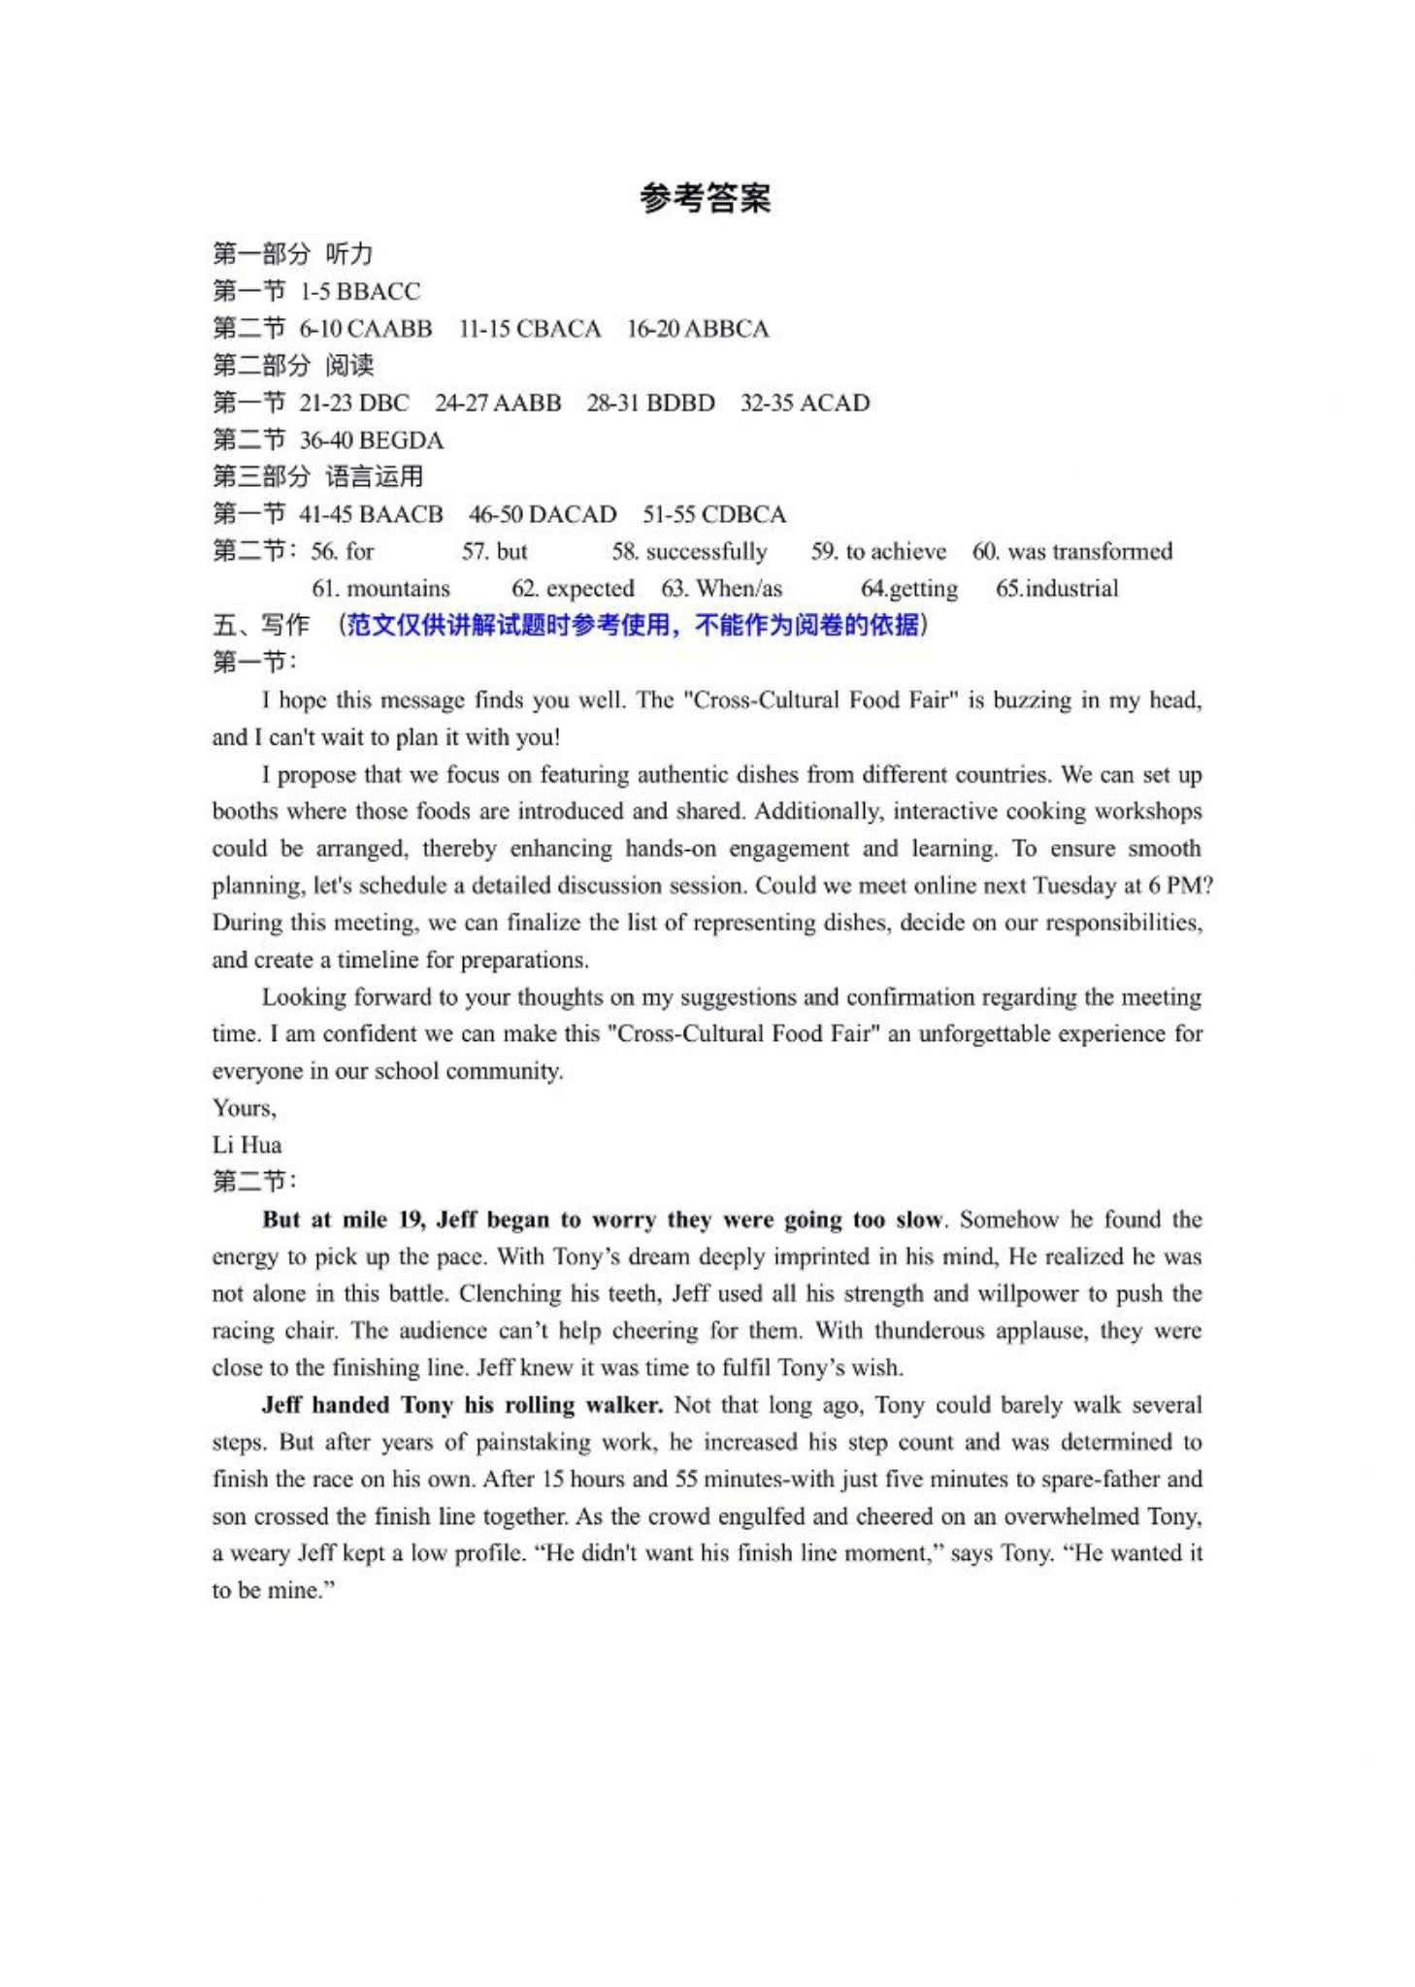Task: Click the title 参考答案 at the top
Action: [706, 198]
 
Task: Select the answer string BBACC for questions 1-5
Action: [378, 291]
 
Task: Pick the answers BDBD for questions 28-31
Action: [678, 403]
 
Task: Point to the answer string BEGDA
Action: [401, 440]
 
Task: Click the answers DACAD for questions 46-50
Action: [573, 514]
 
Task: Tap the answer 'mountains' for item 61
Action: [398, 589]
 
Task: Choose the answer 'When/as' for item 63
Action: [739, 589]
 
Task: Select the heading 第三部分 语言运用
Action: [318, 476]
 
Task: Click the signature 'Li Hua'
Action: [247, 1145]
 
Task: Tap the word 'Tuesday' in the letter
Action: [1074, 886]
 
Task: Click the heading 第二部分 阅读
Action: [293, 366]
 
